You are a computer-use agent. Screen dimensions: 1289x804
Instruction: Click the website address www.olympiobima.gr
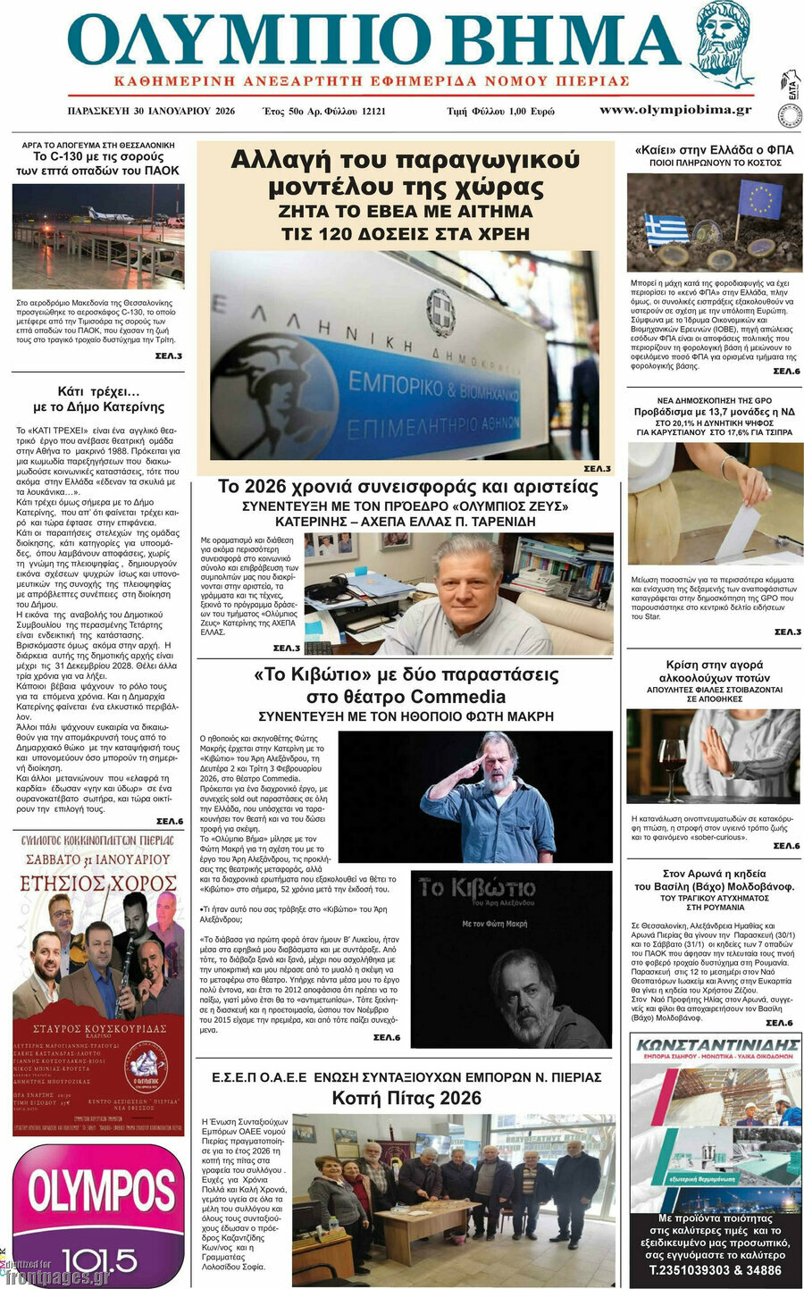coord(674,110)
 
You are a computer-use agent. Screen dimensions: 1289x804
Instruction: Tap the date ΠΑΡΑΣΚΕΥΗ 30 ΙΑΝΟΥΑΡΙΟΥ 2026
coord(151,111)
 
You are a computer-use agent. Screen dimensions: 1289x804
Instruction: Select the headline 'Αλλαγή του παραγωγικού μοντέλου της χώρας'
coord(405,173)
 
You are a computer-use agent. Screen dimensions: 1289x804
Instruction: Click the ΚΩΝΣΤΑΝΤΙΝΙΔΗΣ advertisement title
coord(715,1044)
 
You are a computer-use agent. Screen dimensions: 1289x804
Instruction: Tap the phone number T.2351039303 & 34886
coord(715,1270)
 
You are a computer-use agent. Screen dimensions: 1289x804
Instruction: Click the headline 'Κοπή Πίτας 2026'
coord(406,1098)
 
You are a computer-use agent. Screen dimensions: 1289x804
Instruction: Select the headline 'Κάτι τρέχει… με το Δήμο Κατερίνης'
coord(98,399)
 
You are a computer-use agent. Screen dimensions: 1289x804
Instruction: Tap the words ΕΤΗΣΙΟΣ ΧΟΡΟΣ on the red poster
coord(98,884)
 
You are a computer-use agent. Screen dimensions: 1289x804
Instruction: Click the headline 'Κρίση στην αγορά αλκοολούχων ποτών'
coord(715,671)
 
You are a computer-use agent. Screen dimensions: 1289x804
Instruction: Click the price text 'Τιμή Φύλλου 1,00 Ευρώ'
coord(500,112)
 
